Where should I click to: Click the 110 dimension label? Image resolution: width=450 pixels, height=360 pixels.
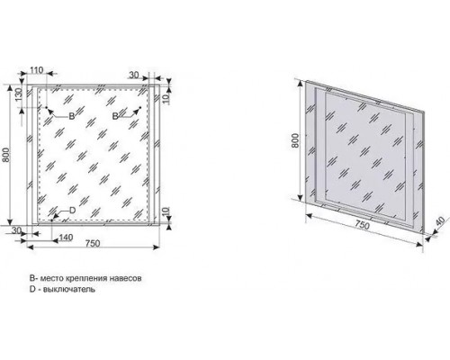tap(37, 70)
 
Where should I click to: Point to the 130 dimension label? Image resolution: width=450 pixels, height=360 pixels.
tap(18, 95)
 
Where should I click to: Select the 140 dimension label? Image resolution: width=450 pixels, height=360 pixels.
tap(66, 238)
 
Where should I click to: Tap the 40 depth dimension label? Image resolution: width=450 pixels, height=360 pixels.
tap(441, 221)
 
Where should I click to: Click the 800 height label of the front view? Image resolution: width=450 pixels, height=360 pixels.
tap(6, 155)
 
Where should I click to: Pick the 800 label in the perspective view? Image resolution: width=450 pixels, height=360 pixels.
tap(295, 140)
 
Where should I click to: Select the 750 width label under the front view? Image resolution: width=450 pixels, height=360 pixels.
tap(93, 243)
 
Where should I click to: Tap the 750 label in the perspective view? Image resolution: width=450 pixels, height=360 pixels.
tap(363, 225)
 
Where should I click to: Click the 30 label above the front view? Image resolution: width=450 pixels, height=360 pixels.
tap(134, 75)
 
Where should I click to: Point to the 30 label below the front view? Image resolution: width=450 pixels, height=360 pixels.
tap(17, 230)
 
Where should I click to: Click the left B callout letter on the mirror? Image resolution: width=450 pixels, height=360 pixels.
tap(71, 116)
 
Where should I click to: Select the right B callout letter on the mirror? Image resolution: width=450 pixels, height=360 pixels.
tap(115, 116)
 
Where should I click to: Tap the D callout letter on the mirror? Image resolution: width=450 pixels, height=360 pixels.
tap(72, 211)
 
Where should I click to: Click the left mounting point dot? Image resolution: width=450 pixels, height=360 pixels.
tap(47, 107)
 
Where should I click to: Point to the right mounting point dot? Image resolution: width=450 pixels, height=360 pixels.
tap(140, 107)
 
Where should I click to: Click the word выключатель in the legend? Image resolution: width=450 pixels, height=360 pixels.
tap(69, 290)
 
